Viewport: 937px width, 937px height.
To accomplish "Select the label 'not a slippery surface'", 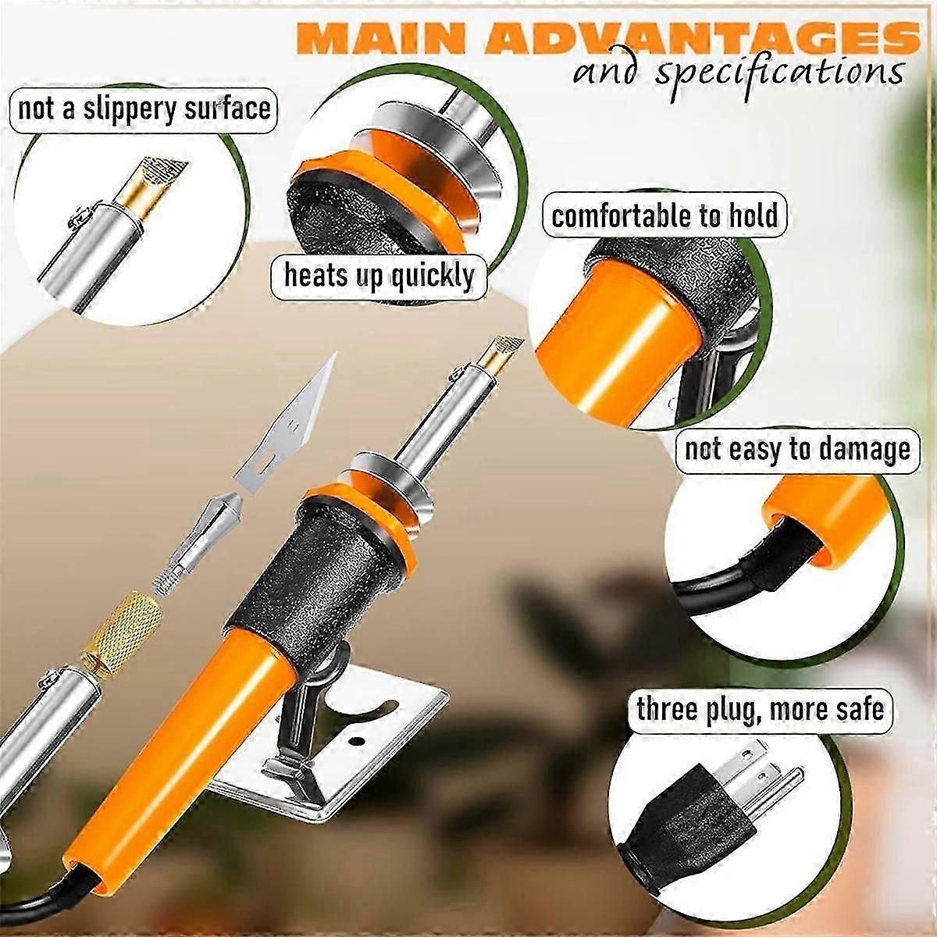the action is pos(144,110).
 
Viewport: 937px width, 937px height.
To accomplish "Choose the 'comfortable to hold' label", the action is pos(664,216).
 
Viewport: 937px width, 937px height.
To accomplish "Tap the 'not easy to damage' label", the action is pos(798,451).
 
